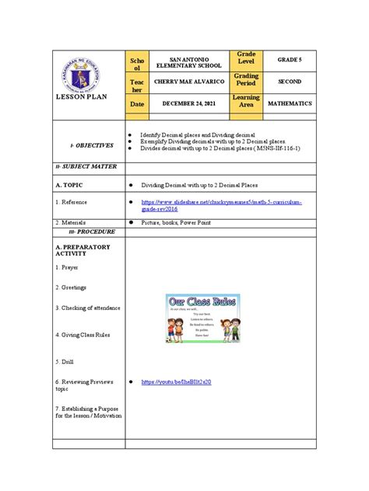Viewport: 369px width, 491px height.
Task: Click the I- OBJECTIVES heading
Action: [x=91, y=145]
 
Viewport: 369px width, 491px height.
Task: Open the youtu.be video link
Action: [x=176, y=382]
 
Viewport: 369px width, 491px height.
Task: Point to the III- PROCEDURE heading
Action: [x=92, y=232]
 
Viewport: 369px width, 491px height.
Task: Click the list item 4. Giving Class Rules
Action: [x=83, y=335]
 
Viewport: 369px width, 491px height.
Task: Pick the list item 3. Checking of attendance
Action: [x=87, y=308]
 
